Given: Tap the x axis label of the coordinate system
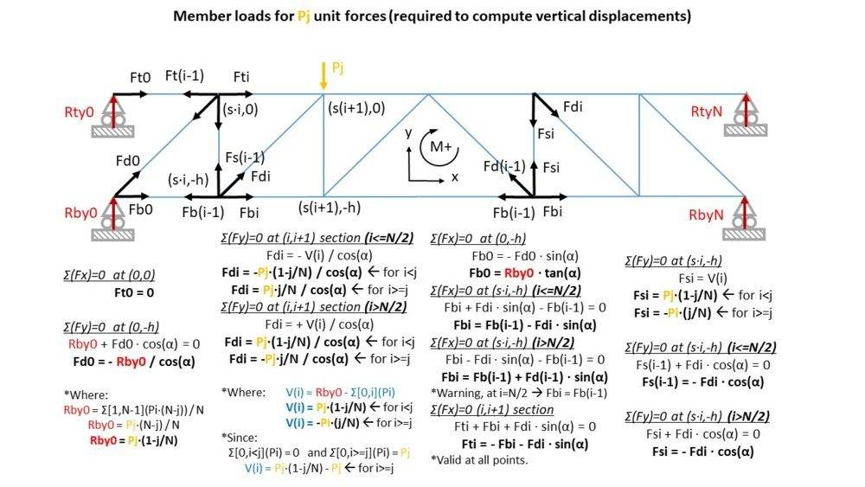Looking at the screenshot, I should click(454, 177).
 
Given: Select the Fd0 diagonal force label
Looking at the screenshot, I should click(127, 160).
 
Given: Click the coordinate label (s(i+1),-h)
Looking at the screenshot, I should click(330, 208).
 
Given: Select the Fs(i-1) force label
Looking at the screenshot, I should click(245, 157).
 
